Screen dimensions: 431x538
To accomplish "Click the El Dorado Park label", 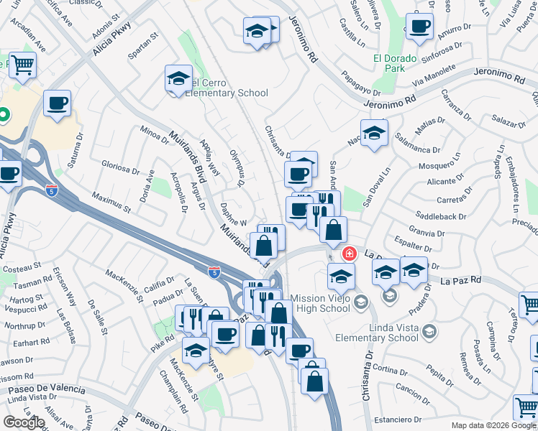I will point(394,64).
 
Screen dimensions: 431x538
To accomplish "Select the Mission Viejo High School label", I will point(321,303).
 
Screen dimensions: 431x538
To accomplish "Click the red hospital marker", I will point(350,253).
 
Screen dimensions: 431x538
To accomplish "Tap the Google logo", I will point(24,423).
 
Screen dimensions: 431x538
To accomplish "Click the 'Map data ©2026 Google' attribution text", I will point(493,425).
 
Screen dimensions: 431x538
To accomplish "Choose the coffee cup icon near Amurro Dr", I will point(419,27).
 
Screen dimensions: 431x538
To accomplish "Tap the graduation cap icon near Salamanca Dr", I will point(374,134).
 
